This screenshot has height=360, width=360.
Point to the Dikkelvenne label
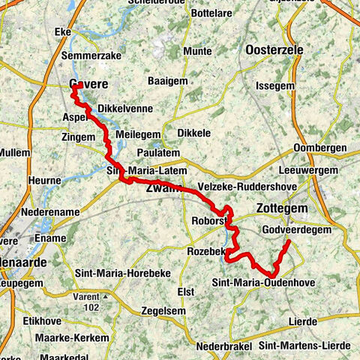coord(125,108)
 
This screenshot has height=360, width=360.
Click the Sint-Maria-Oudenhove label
coord(263,282)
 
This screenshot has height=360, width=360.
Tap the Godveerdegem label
coord(293,229)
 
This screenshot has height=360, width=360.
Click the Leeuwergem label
coord(307,169)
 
